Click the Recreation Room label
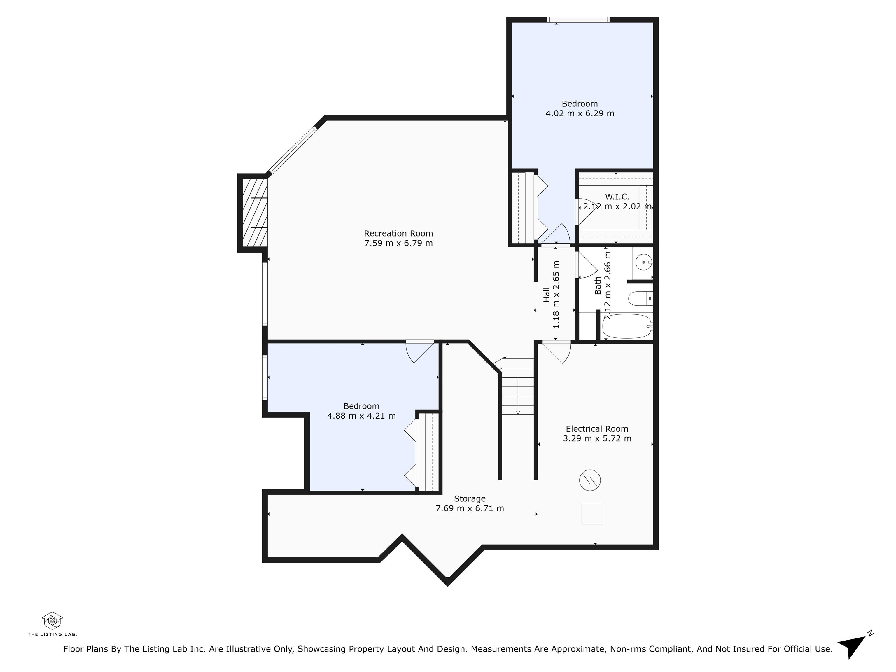pos(398,233)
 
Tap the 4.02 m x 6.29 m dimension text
pos(580,113)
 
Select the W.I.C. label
pos(617,197)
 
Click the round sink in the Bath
pos(643,262)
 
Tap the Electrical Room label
pos(597,428)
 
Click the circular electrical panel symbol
pos(590,480)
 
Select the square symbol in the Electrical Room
pos(592,514)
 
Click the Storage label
pos(470,499)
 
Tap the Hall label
pos(546,295)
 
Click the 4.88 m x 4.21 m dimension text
pos(361,416)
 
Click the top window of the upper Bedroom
pos(578,20)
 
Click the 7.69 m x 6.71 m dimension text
pos(470,508)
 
